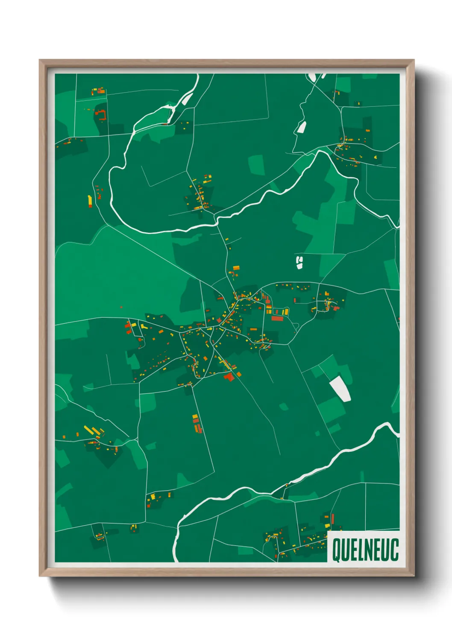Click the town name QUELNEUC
[x=365, y=550]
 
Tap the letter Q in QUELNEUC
[x=336, y=550]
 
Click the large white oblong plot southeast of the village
[x=340, y=388]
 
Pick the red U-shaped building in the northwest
[x=101, y=114]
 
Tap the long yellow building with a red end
[x=90, y=201]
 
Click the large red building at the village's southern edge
[x=229, y=377]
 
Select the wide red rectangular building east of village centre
[x=277, y=318]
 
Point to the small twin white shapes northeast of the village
[x=299, y=263]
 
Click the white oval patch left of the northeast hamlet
[x=302, y=127]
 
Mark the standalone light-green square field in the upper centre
[x=256, y=165]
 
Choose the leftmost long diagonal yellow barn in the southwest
[x=88, y=429]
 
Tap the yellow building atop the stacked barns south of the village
[x=195, y=416]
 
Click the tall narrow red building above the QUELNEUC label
[x=332, y=519]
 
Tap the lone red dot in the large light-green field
[x=121, y=307]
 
